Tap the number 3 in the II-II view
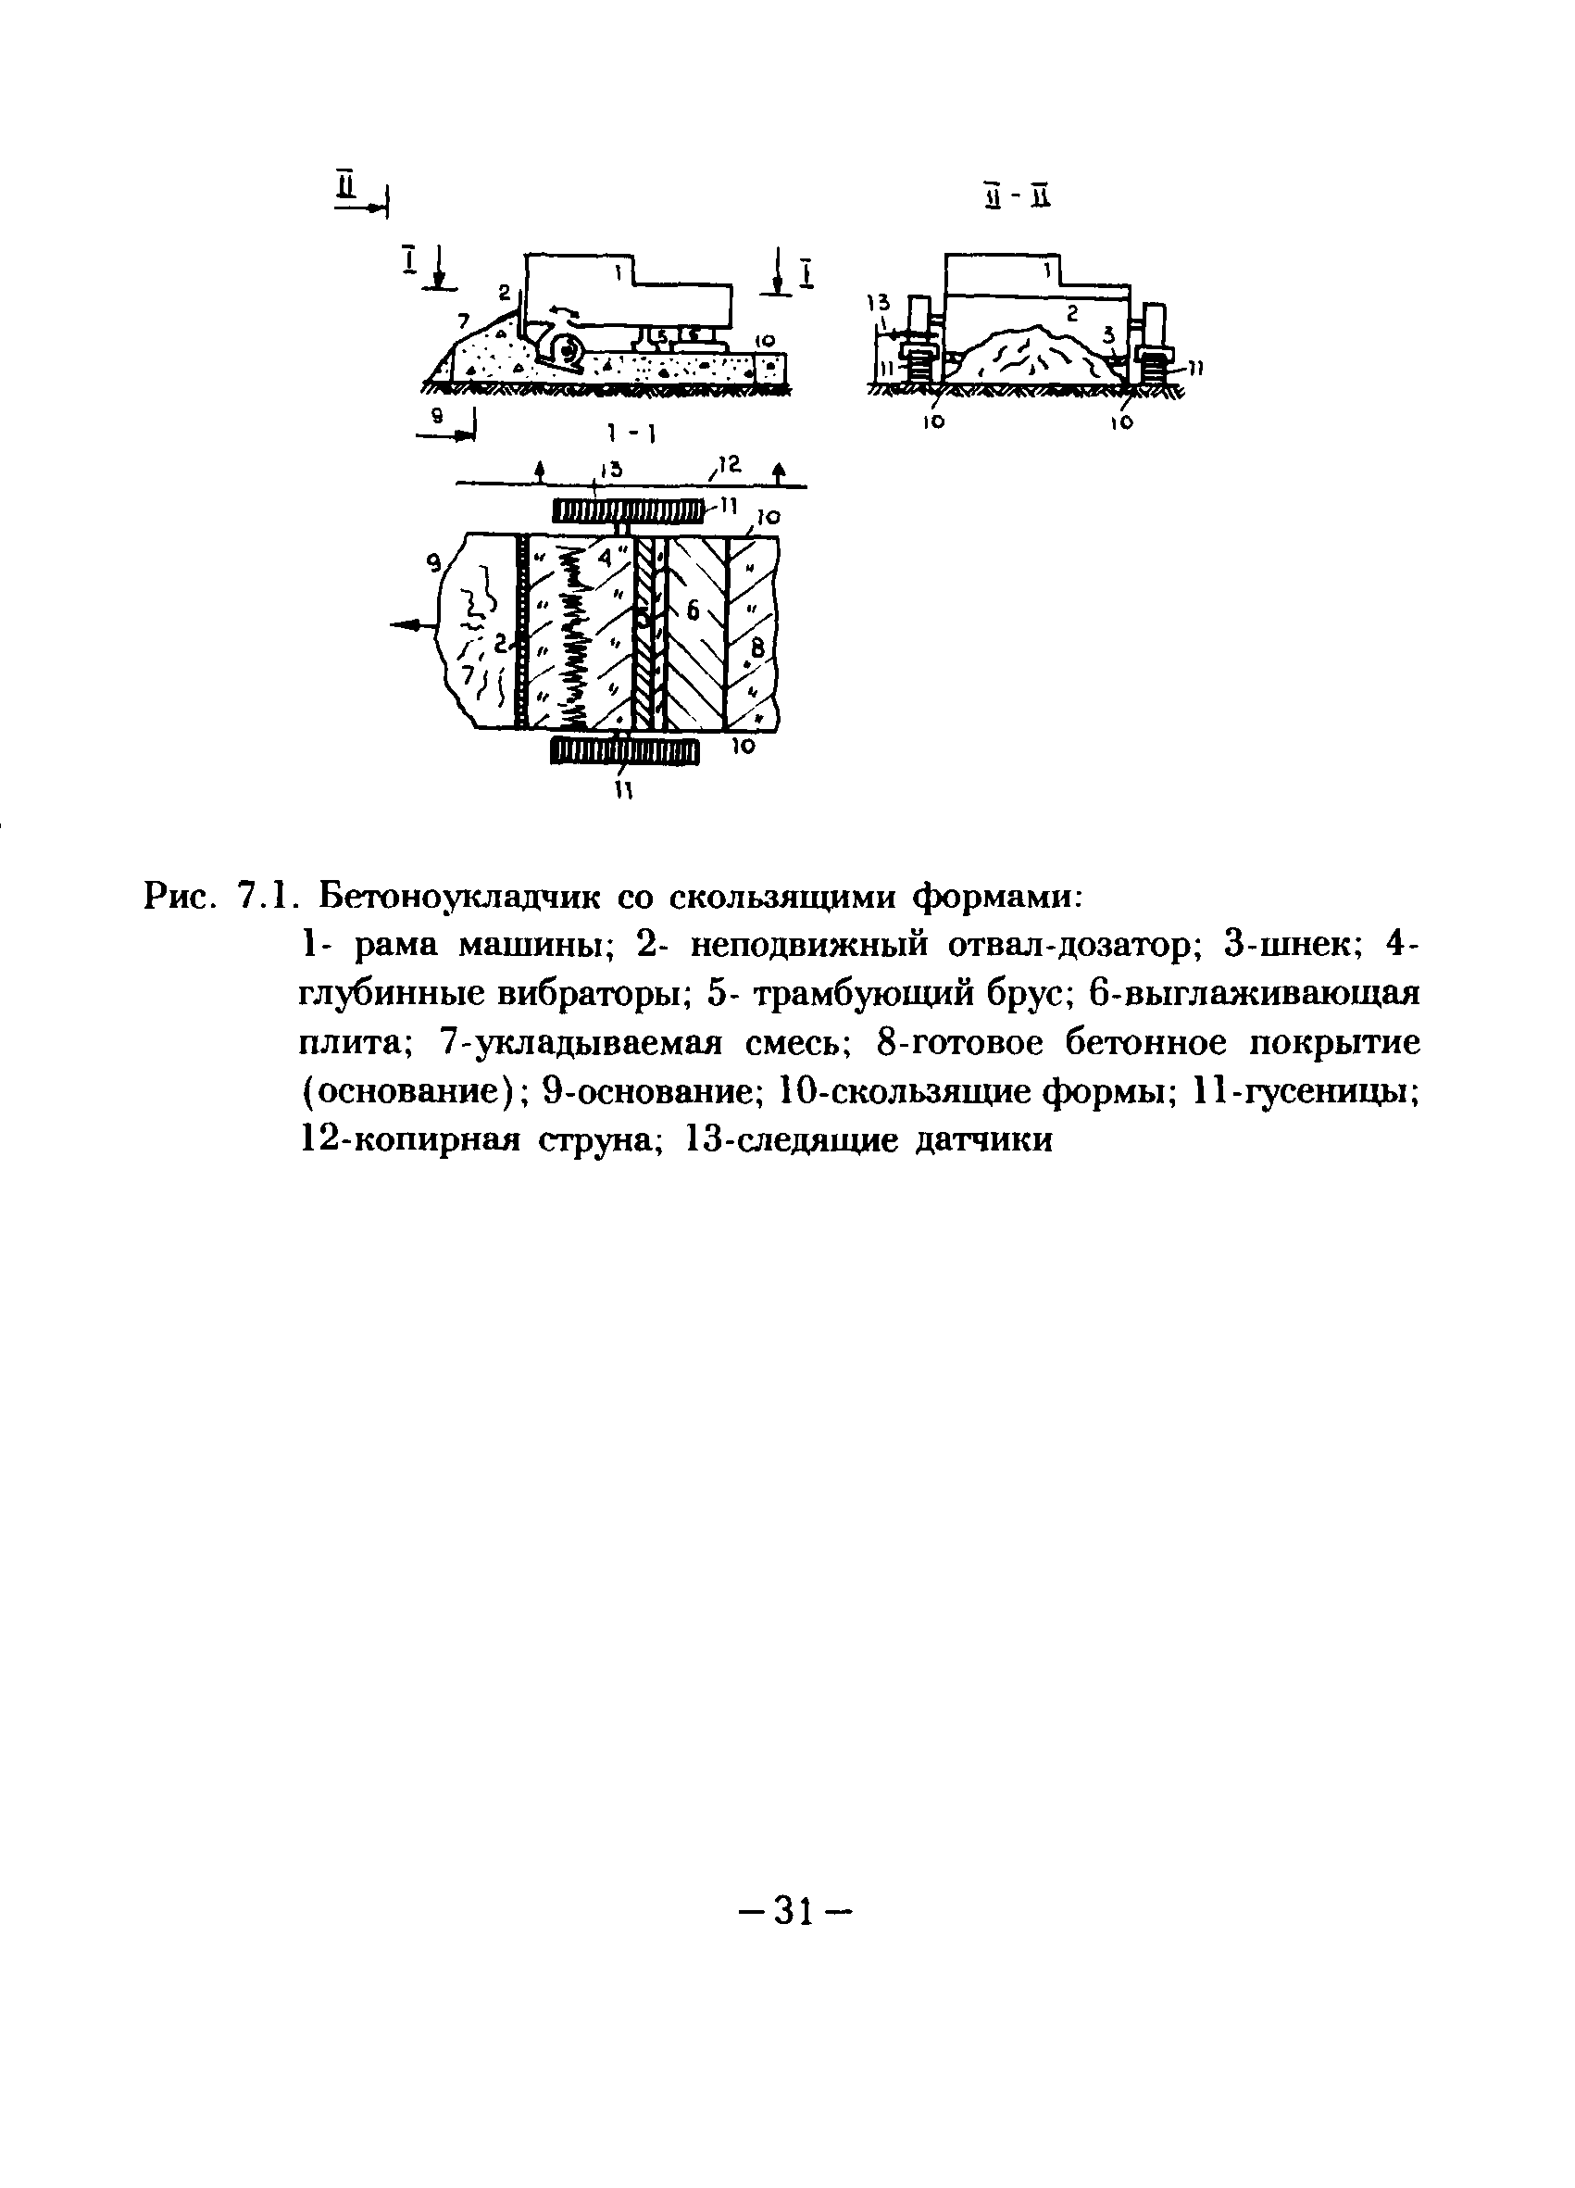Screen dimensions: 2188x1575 pos(1108,333)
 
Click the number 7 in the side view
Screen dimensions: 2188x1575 pos(464,320)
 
